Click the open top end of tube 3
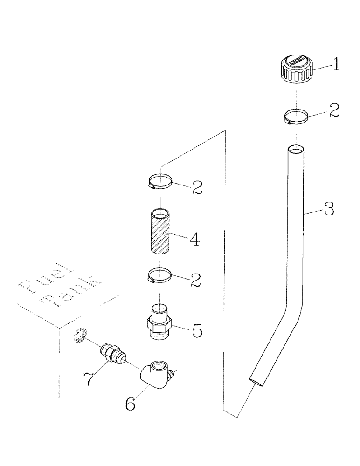[x=296, y=150]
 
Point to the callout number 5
[x=197, y=331]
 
